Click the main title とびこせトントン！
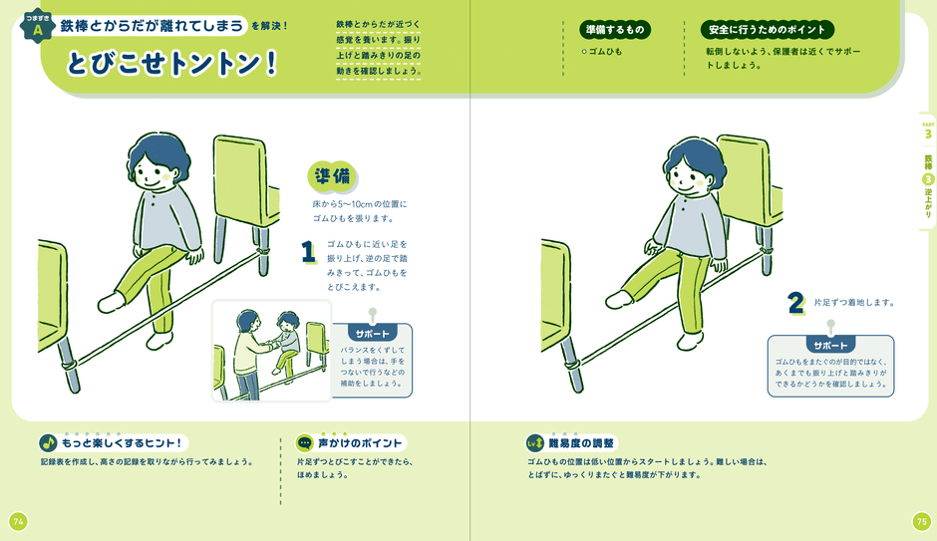(x=171, y=63)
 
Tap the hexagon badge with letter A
(x=38, y=27)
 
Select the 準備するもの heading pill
(x=614, y=30)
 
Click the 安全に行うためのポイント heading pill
(x=767, y=30)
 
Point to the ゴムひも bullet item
(x=604, y=51)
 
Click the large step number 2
(x=794, y=302)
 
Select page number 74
(x=18, y=521)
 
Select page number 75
(x=920, y=521)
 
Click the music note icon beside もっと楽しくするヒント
(x=48, y=442)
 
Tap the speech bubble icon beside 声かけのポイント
(x=305, y=442)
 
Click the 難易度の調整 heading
(x=582, y=442)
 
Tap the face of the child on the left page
(x=155, y=177)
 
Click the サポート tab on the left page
(x=373, y=333)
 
